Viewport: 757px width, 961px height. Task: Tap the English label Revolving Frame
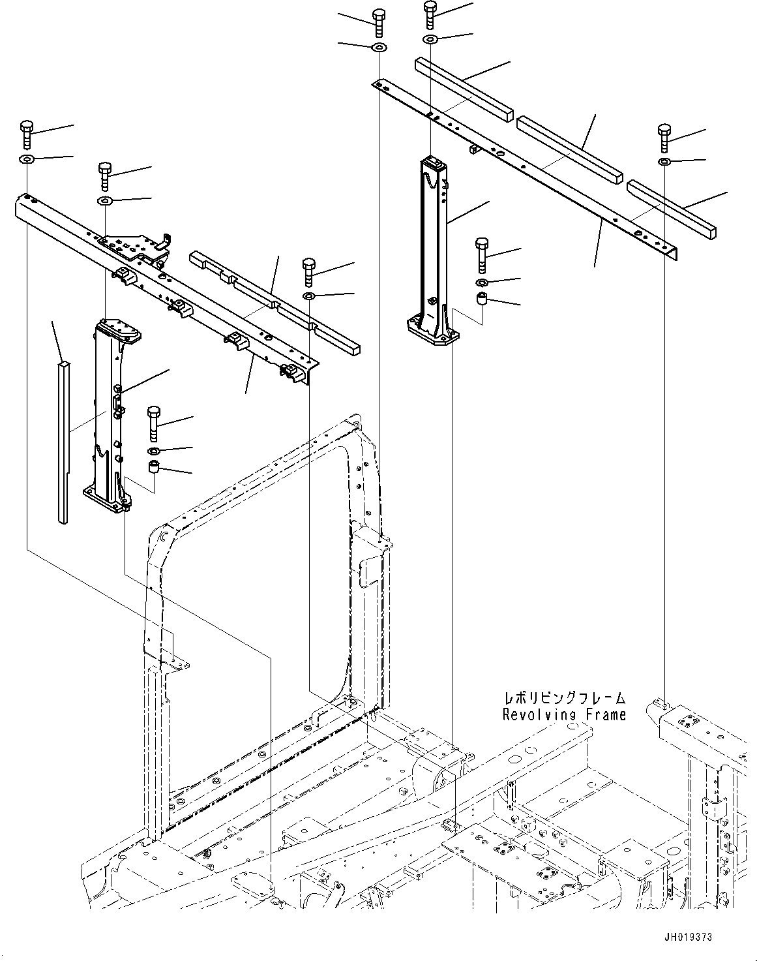tap(564, 714)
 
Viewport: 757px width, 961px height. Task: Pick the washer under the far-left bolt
tap(27, 160)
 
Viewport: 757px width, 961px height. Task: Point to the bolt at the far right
tap(664, 136)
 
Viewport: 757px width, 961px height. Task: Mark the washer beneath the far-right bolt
tap(664, 161)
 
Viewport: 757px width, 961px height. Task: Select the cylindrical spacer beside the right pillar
tap(482, 299)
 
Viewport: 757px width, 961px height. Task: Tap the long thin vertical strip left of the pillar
tap(62, 444)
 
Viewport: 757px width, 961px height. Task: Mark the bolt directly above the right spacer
tap(482, 253)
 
